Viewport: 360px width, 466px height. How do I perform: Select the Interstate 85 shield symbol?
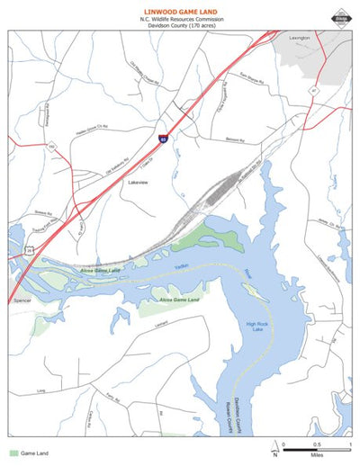click(163, 139)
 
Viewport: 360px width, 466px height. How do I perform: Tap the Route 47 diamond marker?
click(314, 90)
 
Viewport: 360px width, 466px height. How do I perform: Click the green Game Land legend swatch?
click(13, 453)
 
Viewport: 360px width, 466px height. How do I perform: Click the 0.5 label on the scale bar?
click(316, 445)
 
